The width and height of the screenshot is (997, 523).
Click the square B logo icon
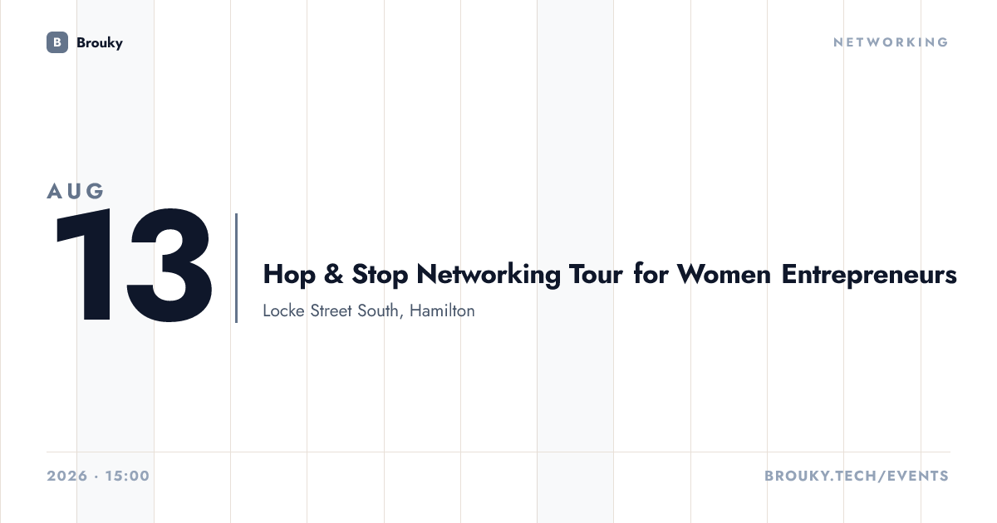coord(57,42)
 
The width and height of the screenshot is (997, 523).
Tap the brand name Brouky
coord(100,42)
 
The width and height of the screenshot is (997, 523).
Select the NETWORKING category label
coord(891,42)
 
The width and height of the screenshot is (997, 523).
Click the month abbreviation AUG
coord(76,191)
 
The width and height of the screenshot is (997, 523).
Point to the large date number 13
coord(134,265)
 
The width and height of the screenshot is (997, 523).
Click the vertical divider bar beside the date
coord(236,267)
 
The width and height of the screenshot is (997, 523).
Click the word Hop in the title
coord(289,274)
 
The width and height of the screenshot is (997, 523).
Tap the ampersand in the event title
coord(334,273)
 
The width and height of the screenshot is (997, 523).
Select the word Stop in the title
coord(380,274)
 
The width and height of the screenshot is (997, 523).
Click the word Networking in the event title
coord(489,275)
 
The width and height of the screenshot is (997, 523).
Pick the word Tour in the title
coord(596,274)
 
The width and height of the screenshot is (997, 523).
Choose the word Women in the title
coord(724,274)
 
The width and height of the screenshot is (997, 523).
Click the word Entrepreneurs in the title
coord(869,275)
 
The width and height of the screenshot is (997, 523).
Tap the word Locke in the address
coord(283,310)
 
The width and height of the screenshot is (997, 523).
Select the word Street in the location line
coord(332,310)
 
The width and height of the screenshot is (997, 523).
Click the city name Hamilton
coord(442,310)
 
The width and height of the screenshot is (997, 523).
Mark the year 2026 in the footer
coord(67,476)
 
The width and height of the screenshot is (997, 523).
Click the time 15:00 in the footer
coord(127,476)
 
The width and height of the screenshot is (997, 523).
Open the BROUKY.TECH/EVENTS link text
coord(857,476)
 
